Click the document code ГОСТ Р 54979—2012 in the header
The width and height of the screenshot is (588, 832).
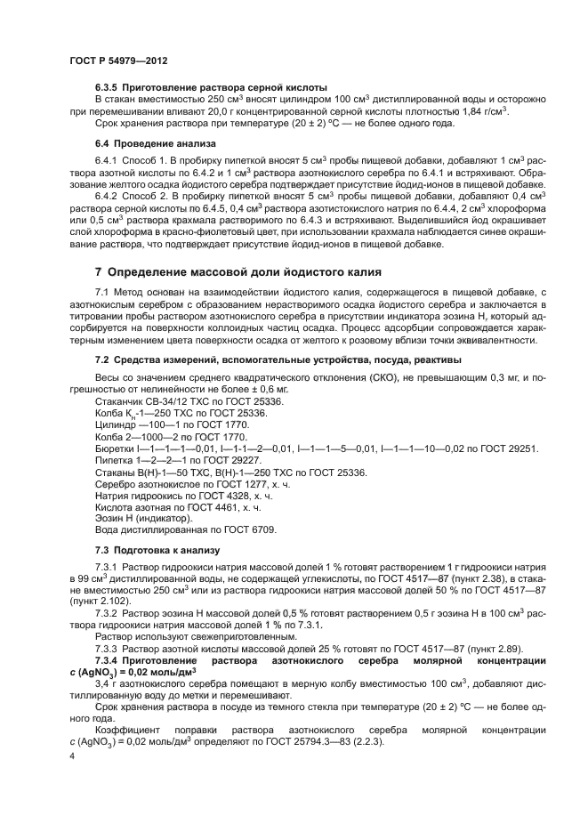pos(117,59)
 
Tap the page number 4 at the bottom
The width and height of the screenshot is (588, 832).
pos(71,755)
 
